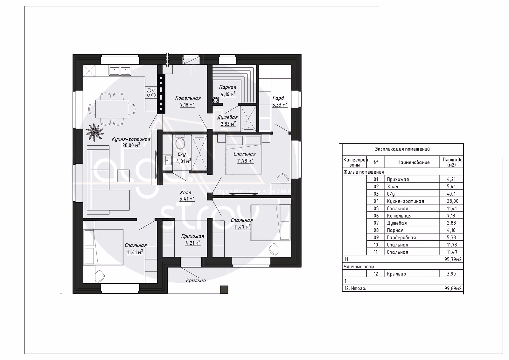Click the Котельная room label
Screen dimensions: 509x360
pyautogui.click(x=188, y=98)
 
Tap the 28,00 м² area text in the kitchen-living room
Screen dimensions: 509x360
pyautogui.click(x=131, y=145)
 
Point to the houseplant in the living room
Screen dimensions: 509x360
pyautogui.click(x=94, y=132)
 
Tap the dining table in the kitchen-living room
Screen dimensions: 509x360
pyautogui.click(x=112, y=109)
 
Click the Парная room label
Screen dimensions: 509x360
pyautogui.click(x=228, y=87)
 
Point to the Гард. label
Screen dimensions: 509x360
pyautogui.click(x=279, y=98)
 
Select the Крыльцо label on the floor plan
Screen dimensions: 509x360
pyautogui.click(x=196, y=280)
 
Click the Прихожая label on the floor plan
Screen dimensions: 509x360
pyautogui.click(x=193, y=236)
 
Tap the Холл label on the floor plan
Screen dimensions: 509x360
pyautogui.click(x=185, y=193)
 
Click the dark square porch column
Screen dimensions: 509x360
pyautogui.click(x=224, y=290)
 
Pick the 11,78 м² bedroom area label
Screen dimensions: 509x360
pyautogui.click(x=245, y=161)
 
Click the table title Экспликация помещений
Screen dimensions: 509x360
pyautogui.click(x=402, y=149)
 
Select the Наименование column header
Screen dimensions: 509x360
pyautogui.click(x=413, y=162)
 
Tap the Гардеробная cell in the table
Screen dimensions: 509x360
pyautogui.click(x=401, y=238)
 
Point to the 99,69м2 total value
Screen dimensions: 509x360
pyautogui.click(x=453, y=288)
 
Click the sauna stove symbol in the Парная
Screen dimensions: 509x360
pyautogui.click(x=215, y=100)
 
